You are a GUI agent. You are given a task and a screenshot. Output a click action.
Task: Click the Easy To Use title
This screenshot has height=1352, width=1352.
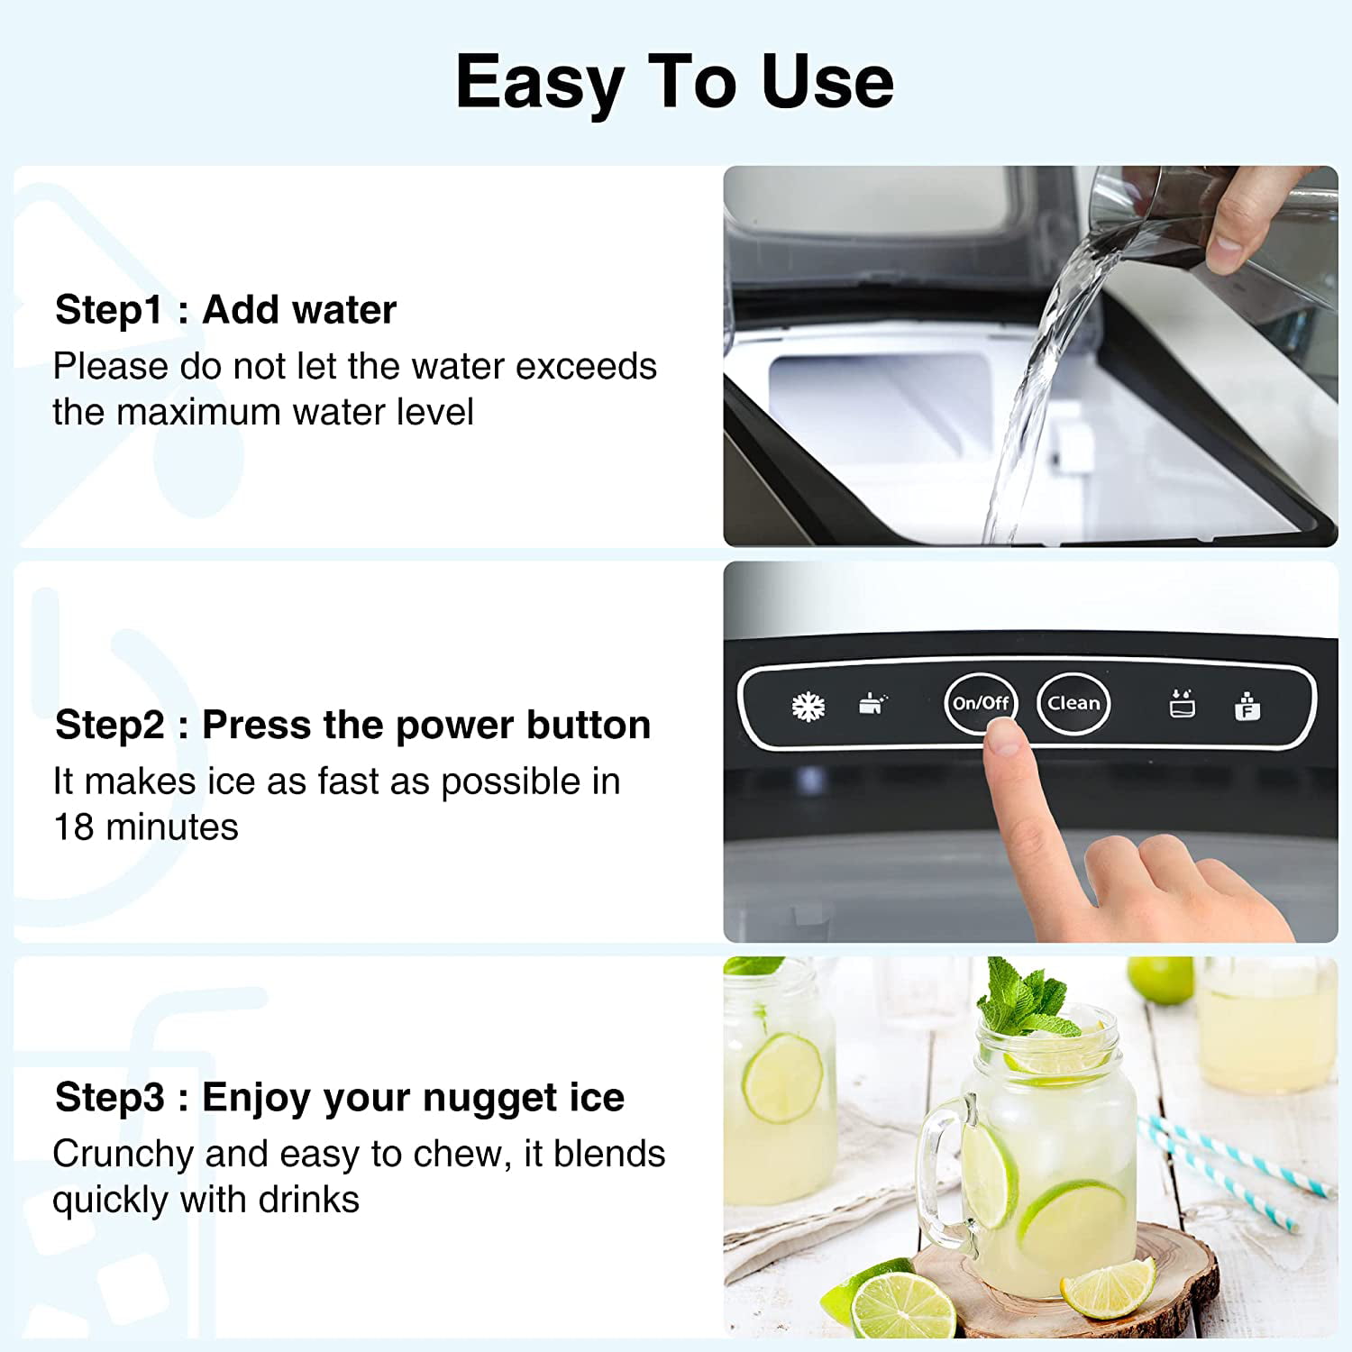click(674, 83)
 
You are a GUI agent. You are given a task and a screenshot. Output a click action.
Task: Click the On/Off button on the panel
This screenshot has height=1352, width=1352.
click(981, 703)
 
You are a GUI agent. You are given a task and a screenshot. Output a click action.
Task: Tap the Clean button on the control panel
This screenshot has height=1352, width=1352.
click(1073, 703)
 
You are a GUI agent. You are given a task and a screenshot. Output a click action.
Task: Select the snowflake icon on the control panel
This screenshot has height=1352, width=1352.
click(808, 707)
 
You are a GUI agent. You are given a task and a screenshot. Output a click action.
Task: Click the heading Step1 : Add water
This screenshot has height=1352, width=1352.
click(225, 310)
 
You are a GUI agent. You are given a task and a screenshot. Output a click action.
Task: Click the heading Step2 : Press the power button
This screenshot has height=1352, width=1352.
click(352, 725)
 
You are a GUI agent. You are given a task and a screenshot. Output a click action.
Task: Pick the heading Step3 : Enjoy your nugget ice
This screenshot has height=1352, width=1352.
click(339, 1098)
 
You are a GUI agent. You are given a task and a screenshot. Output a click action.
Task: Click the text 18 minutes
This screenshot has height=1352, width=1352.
click(146, 827)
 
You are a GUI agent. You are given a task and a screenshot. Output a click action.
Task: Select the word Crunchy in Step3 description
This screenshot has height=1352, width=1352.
click(123, 1155)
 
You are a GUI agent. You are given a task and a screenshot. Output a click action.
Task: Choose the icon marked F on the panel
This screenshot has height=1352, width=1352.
click(1247, 707)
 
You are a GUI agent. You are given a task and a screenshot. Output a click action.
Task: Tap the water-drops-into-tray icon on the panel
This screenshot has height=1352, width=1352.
click(1182, 704)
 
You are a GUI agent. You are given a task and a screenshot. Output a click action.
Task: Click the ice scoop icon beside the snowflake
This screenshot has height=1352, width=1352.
click(872, 704)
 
